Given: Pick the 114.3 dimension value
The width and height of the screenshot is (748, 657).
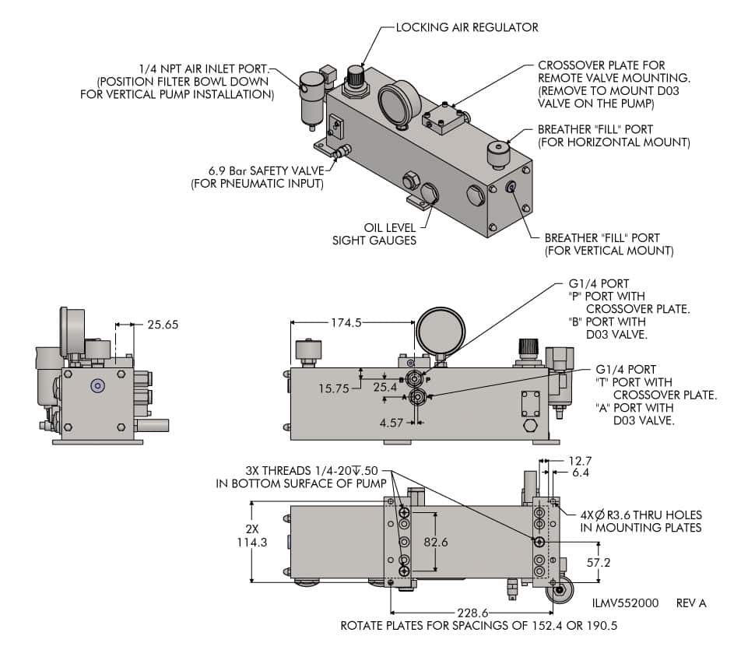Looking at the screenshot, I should (x=251, y=543).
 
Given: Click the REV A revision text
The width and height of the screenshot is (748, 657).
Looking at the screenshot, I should (x=691, y=603).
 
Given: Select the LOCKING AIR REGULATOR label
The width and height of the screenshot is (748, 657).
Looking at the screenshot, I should (x=467, y=27).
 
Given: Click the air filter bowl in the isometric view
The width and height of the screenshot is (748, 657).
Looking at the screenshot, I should (x=311, y=98).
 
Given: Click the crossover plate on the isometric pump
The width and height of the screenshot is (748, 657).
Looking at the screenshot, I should (x=443, y=118).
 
